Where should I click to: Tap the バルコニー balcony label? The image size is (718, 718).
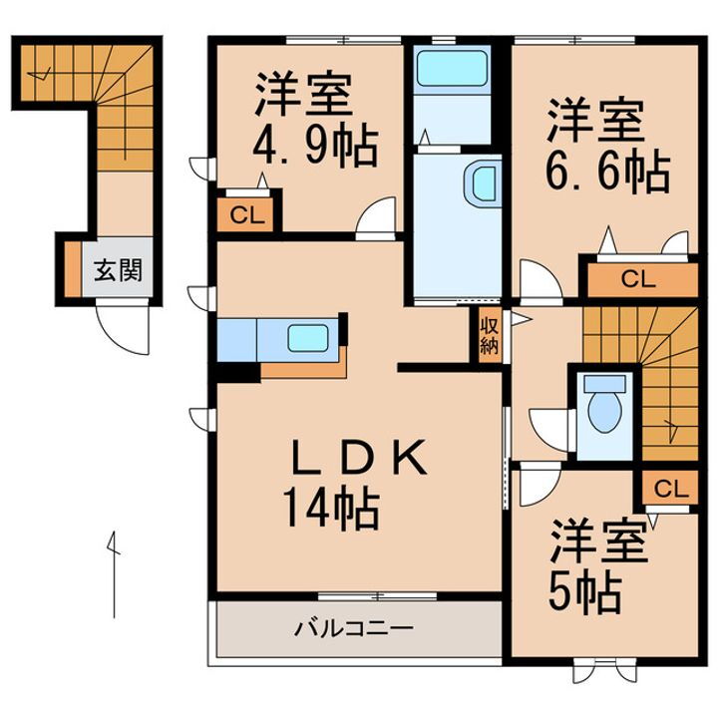click(x=354, y=629)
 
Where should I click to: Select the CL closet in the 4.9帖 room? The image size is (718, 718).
click(x=243, y=213)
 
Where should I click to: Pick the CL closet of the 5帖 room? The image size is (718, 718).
click(x=671, y=489)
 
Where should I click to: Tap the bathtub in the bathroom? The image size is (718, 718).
click(x=452, y=69)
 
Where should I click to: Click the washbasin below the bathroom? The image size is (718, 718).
click(x=485, y=184)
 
